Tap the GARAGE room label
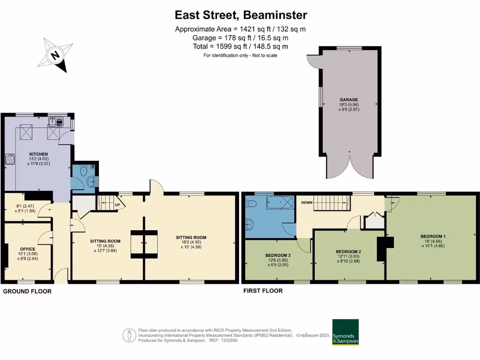coord(349,100)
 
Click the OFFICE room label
coord(28,249)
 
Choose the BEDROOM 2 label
coord(349,251)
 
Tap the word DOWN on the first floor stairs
coord(307,203)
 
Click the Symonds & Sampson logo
coord(345,332)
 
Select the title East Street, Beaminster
coord(241,15)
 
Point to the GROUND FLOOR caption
coord(27,292)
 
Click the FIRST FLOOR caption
coord(262,291)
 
